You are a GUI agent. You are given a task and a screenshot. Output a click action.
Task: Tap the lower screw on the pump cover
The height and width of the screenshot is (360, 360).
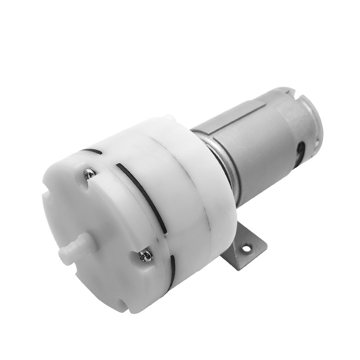pyautogui.click(x=146, y=256)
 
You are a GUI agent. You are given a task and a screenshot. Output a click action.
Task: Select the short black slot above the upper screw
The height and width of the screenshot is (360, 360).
pyautogui.click(x=92, y=151)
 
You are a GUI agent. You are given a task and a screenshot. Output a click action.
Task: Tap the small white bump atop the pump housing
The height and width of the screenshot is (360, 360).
pyautogui.click(x=168, y=118)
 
